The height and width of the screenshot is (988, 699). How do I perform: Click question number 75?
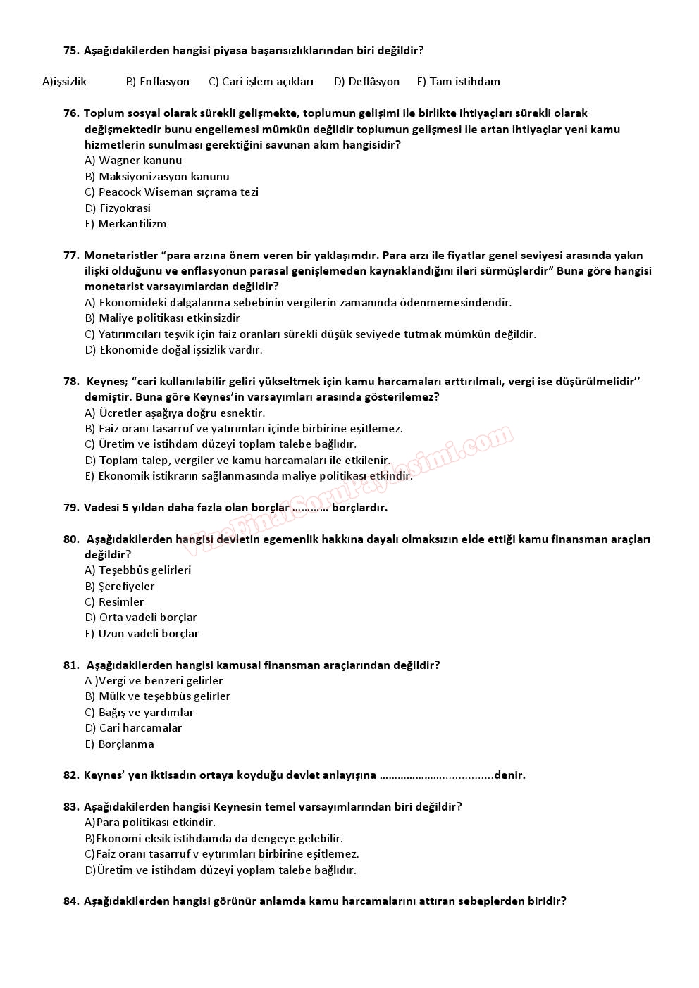tap(71, 51)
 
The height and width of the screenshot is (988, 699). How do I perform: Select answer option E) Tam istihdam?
tap(458, 82)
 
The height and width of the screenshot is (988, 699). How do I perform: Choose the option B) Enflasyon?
tap(157, 82)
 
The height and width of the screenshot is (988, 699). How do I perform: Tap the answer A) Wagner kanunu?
tap(133, 161)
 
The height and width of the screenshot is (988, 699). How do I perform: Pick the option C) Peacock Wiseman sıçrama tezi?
tap(171, 192)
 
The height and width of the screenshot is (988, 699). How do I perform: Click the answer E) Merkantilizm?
tap(125, 224)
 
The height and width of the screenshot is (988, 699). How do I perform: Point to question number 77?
tap(71, 256)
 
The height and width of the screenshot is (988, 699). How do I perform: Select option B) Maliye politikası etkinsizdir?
tap(162, 318)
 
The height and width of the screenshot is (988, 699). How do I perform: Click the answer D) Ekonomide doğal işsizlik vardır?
tap(173, 350)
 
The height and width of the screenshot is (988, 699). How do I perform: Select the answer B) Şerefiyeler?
tap(120, 587)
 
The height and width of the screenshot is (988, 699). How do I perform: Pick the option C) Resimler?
tap(114, 602)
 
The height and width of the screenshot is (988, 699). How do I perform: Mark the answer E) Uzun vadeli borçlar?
tap(142, 634)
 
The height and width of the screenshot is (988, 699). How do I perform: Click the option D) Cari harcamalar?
tap(133, 728)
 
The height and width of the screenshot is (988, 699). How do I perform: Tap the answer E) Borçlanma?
tap(119, 744)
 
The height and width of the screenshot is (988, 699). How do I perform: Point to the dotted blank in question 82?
tap(436, 776)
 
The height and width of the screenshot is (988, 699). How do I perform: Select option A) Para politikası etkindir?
tap(150, 823)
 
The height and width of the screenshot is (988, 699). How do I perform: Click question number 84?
tap(71, 901)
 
